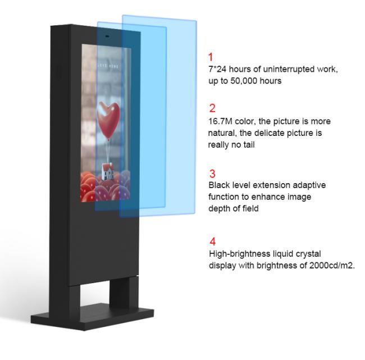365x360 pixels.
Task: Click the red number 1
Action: pos(211,57)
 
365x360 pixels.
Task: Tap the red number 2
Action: pos(212,108)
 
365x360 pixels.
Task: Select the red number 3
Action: pos(212,174)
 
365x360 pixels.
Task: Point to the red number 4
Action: pos(212,241)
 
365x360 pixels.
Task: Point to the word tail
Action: pos(249,144)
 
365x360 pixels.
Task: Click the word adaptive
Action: pos(309,185)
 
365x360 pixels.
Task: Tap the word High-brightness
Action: pos(239,254)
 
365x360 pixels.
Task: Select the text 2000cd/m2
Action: pos(332,265)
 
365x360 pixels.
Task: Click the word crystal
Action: pos(308,254)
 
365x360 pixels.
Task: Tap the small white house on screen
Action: pos(108,172)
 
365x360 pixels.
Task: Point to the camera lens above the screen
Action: pos(107,37)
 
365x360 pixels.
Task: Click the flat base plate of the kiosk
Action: pos(93,317)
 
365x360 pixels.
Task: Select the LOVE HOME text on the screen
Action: pos(108,66)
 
